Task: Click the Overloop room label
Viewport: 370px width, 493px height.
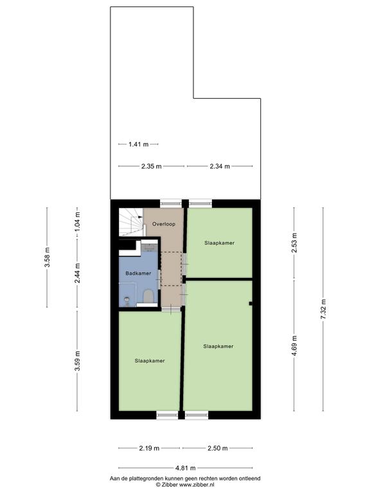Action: point(164,224)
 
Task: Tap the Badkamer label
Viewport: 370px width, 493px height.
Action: point(138,273)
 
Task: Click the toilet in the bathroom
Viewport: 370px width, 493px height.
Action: point(148,297)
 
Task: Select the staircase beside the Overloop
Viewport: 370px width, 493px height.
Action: point(132,222)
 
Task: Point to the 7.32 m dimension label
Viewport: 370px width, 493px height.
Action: point(323,309)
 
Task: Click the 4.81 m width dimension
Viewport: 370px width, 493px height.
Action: point(186,468)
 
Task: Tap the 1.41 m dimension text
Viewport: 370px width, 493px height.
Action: point(139,144)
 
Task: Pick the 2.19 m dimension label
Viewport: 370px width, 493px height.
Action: point(149,448)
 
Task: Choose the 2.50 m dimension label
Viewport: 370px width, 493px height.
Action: point(217,448)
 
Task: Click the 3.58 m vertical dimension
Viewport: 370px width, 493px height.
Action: point(47,257)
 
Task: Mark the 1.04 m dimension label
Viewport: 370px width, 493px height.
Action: point(77,221)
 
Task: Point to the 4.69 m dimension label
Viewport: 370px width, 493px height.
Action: point(294,345)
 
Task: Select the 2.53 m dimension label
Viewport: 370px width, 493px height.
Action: point(294,243)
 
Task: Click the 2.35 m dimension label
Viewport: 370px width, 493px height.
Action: point(152,166)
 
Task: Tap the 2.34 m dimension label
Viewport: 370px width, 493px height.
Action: point(220,166)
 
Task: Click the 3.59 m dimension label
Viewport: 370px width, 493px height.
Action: point(77,361)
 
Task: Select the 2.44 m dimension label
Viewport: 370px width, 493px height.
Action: point(77,273)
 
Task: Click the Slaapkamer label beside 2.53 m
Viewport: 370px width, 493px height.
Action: point(219,243)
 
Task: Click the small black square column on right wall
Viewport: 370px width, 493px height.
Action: point(251,304)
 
